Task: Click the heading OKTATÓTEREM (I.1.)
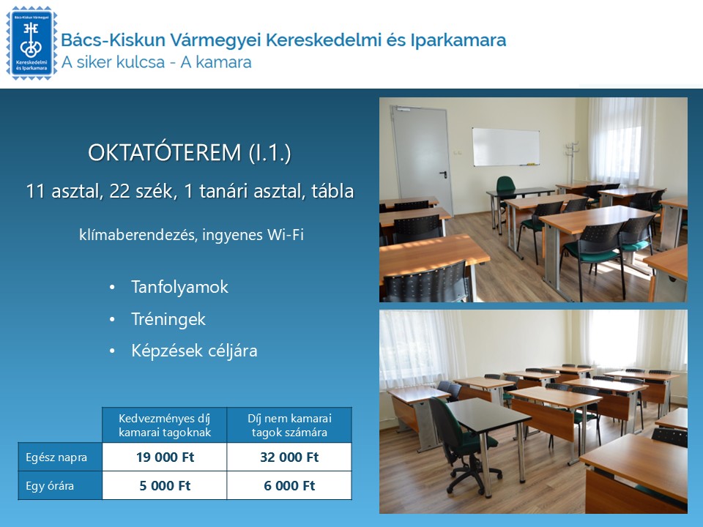click(190, 153)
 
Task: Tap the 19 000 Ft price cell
click(164, 457)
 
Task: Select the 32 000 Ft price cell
click(289, 457)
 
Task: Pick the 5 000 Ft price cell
click(164, 485)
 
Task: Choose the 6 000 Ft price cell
click(289, 485)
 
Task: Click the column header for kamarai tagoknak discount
click(164, 425)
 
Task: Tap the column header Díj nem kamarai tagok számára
click(289, 425)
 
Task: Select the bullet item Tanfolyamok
click(179, 287)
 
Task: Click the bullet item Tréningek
click(168, 319)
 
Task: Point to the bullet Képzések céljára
click(194, 351)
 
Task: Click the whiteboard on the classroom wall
click(505, 146)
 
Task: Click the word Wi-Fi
click(286, 236)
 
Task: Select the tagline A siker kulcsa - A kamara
click(157, 62)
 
